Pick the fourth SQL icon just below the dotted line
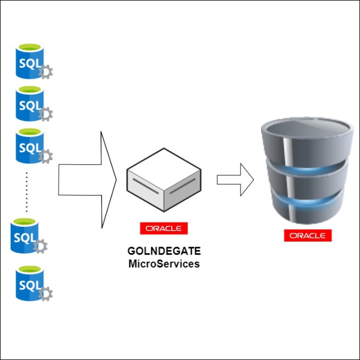click(x=27, y=236)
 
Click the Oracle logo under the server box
click(x=164, y=229)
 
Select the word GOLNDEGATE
click(x=164, y=252)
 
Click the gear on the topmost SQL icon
click(x=45, y=72)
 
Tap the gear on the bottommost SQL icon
click(x=45, y=294)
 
